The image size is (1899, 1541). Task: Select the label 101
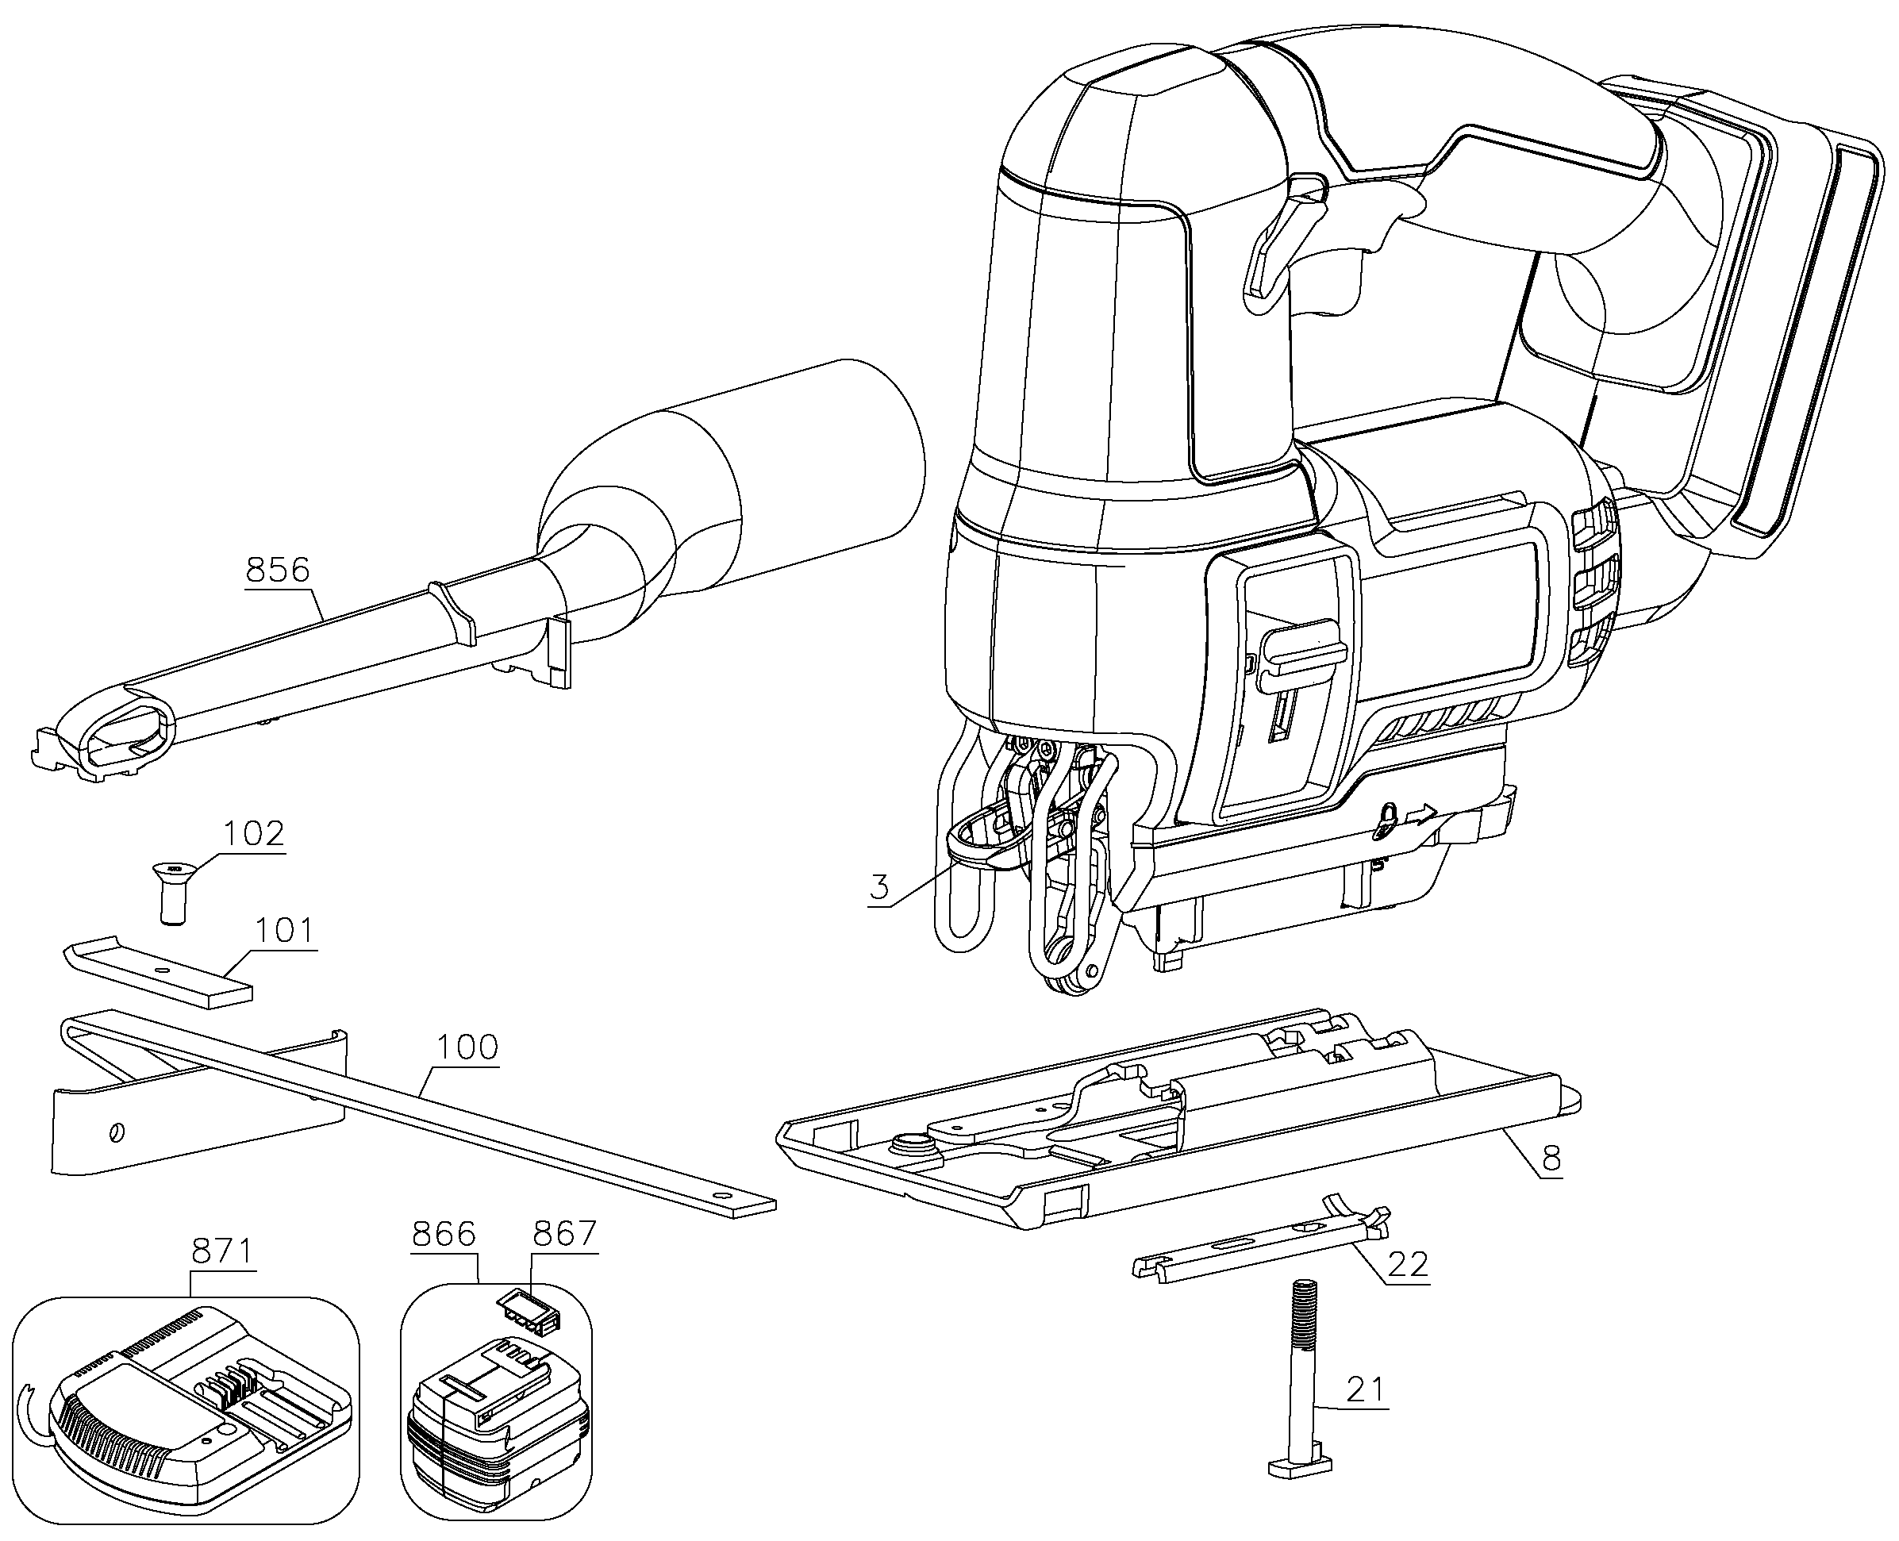pyautogui.click(x=285, y=931)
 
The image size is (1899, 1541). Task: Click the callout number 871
pyautogui.click(x=223, y=1251)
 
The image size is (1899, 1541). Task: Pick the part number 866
pyautogui.click(x=444, y=1234)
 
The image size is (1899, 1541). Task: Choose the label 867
pyautogui.click(x=565, y=1234)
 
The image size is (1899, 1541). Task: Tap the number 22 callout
pyautogui.click(x=1407, y=1264)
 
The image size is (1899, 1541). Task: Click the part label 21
pyautogui.click(x=1366, y=1389)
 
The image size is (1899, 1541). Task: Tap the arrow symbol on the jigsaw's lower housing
pyautogui.click(x=1424, y=814)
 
